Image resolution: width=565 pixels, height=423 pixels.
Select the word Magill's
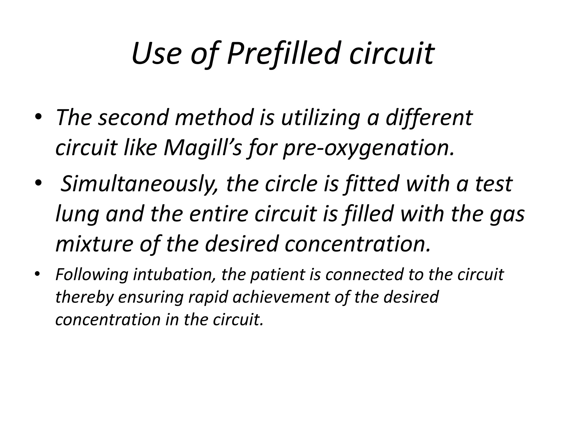pyautogui.click(x=203, y=148)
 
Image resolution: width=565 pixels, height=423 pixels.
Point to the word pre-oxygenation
pyautogui.click(x=369, y=148)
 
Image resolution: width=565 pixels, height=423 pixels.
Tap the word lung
pyautogui.click(x=77, y=214)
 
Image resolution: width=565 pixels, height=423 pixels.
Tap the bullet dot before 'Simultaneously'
pyautogui.click(x=38, y=183)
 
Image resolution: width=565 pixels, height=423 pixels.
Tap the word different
pyautogui.click(x=429, y=118)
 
